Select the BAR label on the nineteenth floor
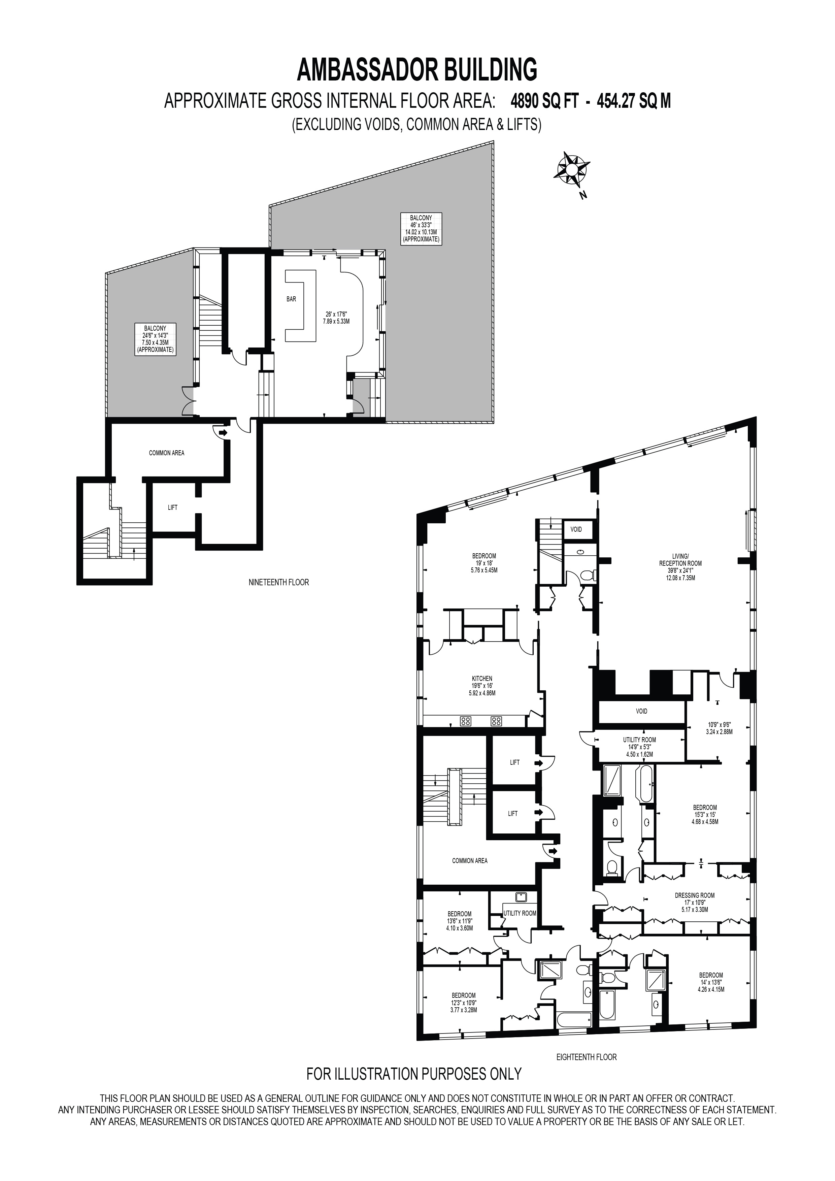(292, 299)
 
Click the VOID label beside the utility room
(641, 711)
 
